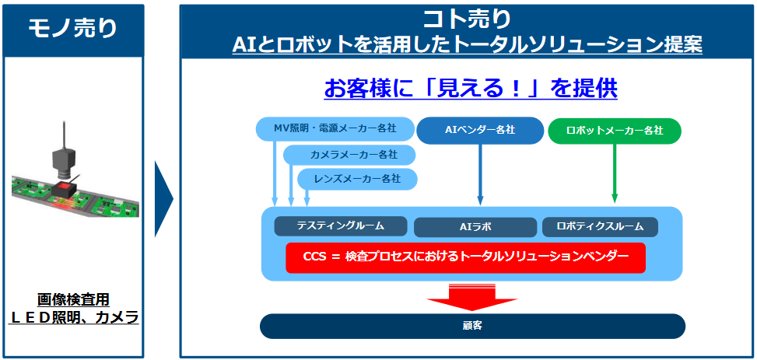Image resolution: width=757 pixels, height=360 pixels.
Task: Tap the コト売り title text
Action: click(466, 19)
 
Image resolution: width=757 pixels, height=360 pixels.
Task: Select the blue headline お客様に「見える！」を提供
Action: click(471, 89)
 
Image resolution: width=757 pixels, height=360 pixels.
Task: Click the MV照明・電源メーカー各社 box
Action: click(336, 129)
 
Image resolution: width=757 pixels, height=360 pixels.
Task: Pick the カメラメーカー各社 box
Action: click(349, 155)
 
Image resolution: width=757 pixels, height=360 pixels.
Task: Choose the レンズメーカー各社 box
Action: click(357, 179)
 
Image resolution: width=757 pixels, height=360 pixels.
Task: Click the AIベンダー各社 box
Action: click(480, 131)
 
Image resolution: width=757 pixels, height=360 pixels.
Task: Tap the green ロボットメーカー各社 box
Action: click(615, 131)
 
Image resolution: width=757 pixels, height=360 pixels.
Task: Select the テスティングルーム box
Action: click(341, 225)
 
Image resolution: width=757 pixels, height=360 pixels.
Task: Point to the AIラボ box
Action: click(475, 227)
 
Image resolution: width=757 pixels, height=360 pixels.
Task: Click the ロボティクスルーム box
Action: click(600, 226)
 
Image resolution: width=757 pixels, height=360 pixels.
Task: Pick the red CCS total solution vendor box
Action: click(465, 257)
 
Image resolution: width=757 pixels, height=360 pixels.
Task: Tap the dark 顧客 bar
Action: click(473, 327)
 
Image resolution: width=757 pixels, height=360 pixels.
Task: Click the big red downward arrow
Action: click(472, 297)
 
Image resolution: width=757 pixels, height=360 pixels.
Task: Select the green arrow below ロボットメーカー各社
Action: click(615, 173)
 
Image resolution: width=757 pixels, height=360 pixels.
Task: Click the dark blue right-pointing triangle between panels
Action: click(164, 199)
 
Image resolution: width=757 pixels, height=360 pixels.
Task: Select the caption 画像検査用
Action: click(73, 300)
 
